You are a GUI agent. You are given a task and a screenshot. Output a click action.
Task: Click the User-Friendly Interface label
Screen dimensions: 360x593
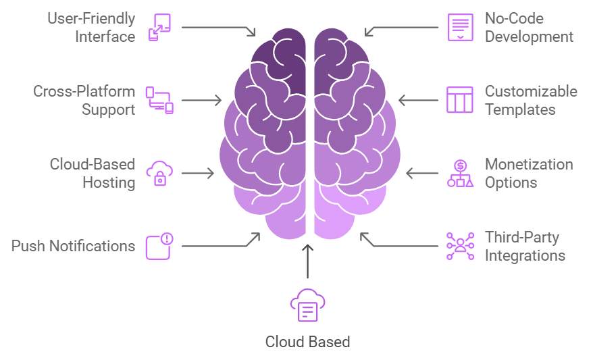[x=91, y=28]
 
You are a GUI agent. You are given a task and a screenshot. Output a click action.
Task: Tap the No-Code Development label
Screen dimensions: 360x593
[x=529, y=28]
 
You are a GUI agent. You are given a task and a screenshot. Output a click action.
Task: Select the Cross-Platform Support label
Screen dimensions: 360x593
[x=84, y=100]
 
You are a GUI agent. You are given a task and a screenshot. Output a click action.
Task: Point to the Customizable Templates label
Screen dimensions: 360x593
[x=531, y=100]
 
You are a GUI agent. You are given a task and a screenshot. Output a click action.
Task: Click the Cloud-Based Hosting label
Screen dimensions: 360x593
[x=93, y=173]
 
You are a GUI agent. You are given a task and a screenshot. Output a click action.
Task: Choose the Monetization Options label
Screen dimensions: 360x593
[x=529, y=173]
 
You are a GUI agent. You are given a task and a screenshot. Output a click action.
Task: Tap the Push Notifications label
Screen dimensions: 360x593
[x=73, y=246]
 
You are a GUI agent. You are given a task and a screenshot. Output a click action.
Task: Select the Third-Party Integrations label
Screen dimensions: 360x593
[x=525, y=246]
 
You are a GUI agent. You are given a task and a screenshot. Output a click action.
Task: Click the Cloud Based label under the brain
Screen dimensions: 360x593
[x=307, y=342]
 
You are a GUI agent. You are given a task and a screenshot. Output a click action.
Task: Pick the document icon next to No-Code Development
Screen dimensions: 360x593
[x=460, y=28]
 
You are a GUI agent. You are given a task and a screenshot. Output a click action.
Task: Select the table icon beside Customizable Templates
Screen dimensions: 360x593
[x=460, y=100]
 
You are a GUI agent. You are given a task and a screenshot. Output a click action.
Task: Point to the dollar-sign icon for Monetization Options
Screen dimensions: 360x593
[x=460, y=173]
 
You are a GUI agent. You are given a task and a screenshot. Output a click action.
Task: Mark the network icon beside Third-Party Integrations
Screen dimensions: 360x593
[x=460, y=246]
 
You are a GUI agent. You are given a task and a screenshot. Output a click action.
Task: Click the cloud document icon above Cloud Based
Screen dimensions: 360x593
[x=307, y=306]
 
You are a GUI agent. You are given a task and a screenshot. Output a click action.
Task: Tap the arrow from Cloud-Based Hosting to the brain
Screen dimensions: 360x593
[x=197, y=173]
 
